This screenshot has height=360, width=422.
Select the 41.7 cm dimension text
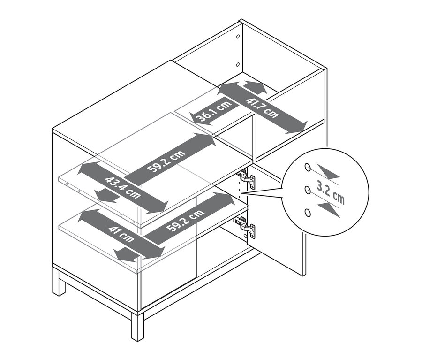pos(262,108)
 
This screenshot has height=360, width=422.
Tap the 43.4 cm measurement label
pos(123,187)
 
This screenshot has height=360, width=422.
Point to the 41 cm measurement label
pos(121,234)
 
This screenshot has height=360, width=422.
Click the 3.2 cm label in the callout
pos(331,193)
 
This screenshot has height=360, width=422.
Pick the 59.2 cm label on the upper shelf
pos(166,161)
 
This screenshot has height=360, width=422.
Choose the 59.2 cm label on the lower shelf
pos(185,220)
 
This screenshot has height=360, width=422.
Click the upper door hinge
pos(246,178)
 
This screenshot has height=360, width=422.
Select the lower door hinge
pos(245,227)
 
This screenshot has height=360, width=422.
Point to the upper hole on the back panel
pos(238,37)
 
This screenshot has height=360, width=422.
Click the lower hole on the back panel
pos(238,64)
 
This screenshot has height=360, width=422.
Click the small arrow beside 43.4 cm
pos(107,196)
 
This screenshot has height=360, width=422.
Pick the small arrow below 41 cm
pos(125,255)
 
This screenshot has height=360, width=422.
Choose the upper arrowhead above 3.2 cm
pos(328,172)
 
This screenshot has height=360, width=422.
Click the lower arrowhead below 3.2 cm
pos(329,210)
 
